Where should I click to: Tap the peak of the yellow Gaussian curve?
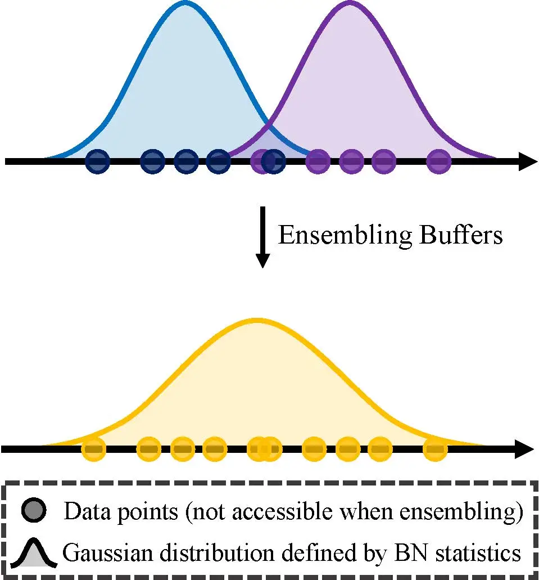pos(256,320)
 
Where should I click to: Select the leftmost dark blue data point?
pos(97,161)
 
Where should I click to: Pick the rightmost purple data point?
pos(438,161)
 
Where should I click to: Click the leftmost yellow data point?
pos(94,449)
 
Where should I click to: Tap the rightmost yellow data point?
pos(434,449)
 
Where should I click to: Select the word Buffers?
pos(460,235)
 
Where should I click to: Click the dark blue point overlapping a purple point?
pos(273,161)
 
